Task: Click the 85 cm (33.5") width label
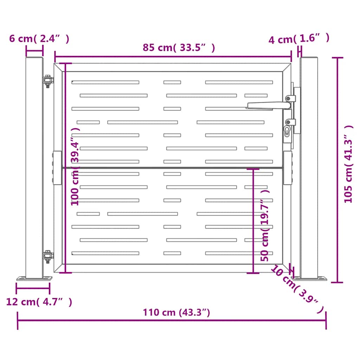[179, 47]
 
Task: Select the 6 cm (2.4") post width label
[39, 39]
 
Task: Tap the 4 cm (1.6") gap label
[299, 39]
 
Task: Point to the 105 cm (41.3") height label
[348, 164]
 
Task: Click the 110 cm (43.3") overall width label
[176, 312]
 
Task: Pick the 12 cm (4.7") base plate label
[39, 302]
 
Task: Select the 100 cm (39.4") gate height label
[75, 166]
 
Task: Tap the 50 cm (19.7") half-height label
[265, 225]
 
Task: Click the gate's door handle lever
[269, 105]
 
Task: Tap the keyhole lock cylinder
[287, 131]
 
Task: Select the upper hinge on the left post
[48, 81]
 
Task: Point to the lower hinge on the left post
[48, 256]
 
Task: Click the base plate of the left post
[34, 278]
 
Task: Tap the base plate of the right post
[309, 279]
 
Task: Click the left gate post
[34, 168]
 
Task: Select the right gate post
[309, 168]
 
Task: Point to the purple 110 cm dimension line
[172, 320]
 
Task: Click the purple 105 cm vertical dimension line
[337, 170]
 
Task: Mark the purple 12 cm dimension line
[33, 288]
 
